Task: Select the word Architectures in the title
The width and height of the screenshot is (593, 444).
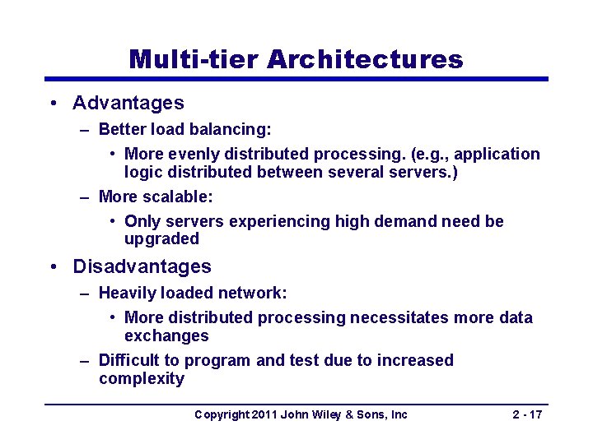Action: click(x=365, y=59)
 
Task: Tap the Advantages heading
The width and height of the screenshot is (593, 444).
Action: click(x=128, y=103)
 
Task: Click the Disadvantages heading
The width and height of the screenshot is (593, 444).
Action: click(x=142, y=266)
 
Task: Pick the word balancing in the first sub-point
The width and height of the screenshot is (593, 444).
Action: click(x=236, y=129)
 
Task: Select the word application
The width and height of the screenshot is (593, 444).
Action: click(x=497, y=154)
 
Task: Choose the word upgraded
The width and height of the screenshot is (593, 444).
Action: click(x=161, y=239)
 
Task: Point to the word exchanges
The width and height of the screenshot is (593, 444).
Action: click(x=166, y=335)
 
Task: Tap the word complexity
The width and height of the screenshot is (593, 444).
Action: click(x=141, y=378)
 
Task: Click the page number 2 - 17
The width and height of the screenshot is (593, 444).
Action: click(x=527, y=414)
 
